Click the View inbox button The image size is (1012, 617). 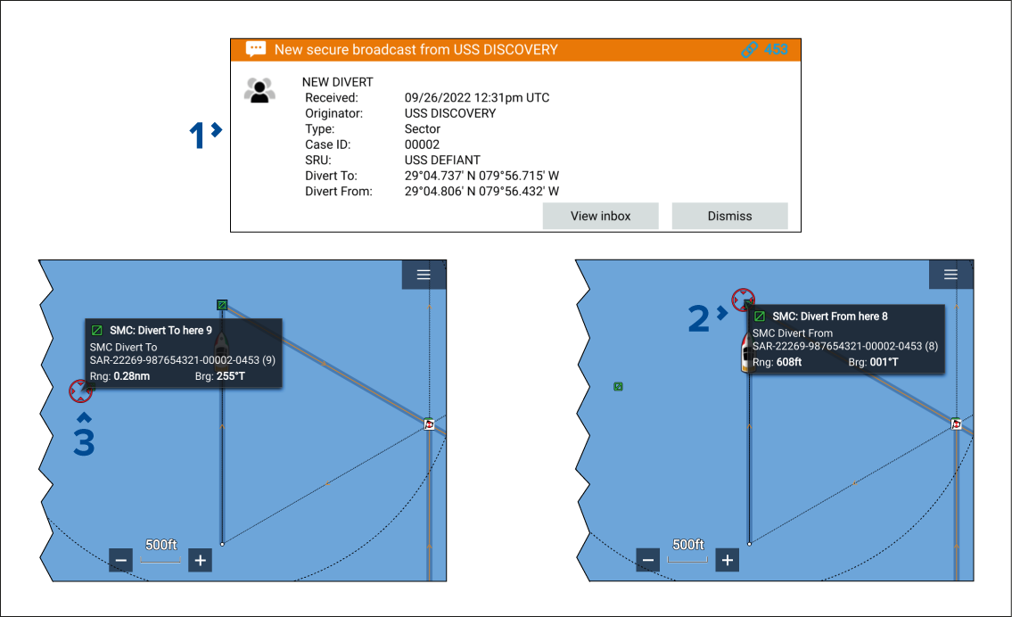pyautogui.click(x=600, y=216)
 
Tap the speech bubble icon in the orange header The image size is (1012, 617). pyautogui.click(x=256, y=49)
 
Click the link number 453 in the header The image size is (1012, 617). pyautogui.click(x=776, y=50)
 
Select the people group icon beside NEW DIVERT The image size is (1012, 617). pyautogui.click(x=259, y=90)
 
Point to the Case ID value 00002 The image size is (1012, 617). pyautogui.click(x=422, y=144)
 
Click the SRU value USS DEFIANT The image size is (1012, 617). pyautogui.click(x=443, y=160)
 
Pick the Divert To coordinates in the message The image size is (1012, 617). pyautogui.click(x=481, y=176)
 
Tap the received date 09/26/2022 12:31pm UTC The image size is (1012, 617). pyautogui.click(x=477, y=97)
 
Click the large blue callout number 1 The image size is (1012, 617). pyautogui.click(x=197, y=136)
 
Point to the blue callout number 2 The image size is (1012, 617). pyautogui.click(x=698, y=319)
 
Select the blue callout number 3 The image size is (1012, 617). pyautogui.click(x=84, y=442)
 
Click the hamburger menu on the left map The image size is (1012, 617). pyautogui.click(x=424, y=275)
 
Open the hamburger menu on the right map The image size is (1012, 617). pyautogui.click(x=950, y=275)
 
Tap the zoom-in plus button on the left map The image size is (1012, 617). pyautogui.click(x=200, y=560)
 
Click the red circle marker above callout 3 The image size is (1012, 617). pyautogui.click(x=80, y=391)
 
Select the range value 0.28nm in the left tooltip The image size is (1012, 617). pyautogui.click(x=132, y=376)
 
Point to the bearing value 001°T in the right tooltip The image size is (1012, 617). pyautogui.click(x=884, y=362)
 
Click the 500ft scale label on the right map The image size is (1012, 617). pyautogui.click(x=688, y=545)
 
